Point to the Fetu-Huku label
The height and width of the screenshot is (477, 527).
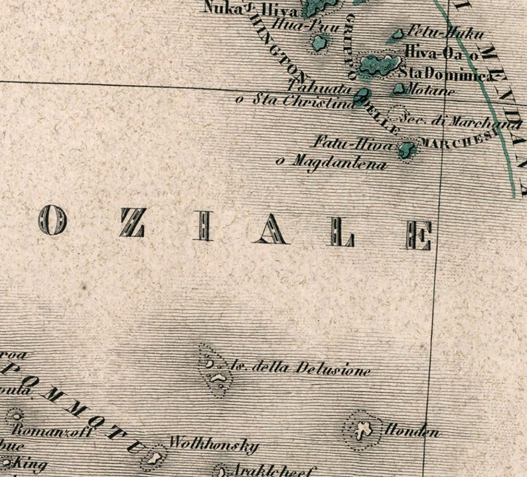click(x=445, y=33)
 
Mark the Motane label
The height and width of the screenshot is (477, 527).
click(x=431, y=90)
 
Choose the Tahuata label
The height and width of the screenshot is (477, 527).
click(x=321, y=87)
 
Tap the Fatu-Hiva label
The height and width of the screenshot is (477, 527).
click(x=354, y=143)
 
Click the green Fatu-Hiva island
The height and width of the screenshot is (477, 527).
click(x=406, y=149)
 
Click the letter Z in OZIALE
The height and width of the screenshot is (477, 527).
click(x=133, y=222)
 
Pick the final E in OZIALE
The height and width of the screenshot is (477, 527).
click(x=419, y=236)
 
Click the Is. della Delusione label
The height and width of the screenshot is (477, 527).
click(x=301, y=368)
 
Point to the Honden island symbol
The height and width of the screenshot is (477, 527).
click(x=362, y=430)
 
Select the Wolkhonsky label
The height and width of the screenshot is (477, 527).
click(x=214, y=444)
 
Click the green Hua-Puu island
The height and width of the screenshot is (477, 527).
click(x=320, y=43)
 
